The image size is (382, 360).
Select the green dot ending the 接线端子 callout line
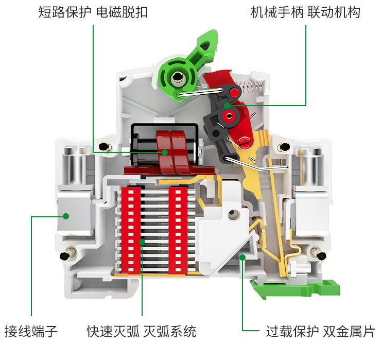[66, 216]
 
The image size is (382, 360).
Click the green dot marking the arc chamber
[143, 241]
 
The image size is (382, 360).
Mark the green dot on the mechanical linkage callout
[227, 106]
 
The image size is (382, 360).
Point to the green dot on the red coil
[165, 152]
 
